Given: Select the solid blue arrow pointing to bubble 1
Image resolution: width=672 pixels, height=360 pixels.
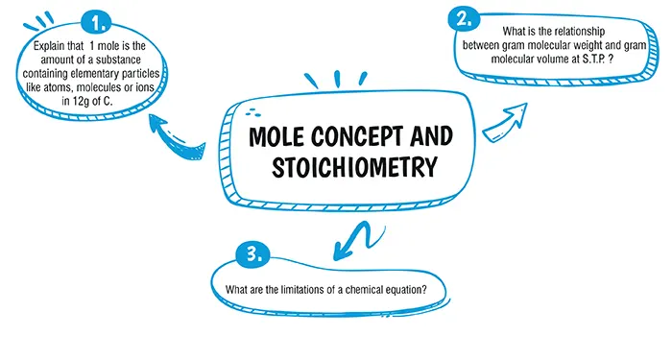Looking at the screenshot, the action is (x=184, y=145).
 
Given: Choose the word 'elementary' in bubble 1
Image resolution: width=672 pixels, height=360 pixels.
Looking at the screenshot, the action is (x=113, y=72).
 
